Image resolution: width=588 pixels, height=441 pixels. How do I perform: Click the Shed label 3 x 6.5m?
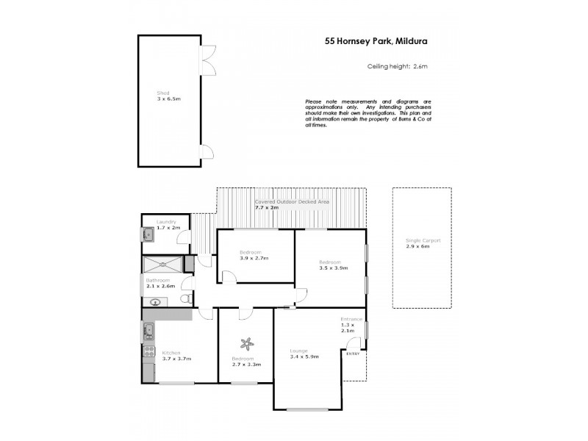(x=168, y=96)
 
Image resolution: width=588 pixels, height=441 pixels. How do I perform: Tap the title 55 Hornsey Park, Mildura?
(x=376, y=42)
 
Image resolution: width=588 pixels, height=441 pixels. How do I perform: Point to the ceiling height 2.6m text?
(x=397, y=66)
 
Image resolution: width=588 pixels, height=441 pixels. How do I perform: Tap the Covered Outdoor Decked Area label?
(x=292, y=204)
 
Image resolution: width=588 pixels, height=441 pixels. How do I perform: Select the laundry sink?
(x=148, y=235)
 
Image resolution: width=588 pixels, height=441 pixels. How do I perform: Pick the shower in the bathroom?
(x=163, y=265)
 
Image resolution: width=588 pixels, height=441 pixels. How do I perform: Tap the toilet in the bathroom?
(x=184, y=300)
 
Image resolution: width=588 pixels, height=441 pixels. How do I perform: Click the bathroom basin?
(x=155, y=301)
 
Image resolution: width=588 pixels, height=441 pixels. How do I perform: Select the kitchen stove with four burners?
(x=148, y=351)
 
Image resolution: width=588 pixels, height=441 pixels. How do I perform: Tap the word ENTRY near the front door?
(x=353, y=354)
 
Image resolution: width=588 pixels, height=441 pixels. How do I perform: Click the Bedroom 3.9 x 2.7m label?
(x=254, y=255)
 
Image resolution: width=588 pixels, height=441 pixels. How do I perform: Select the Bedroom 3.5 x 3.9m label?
(x=329, y=265)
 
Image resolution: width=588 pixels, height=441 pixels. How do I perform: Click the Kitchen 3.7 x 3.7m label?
(x=176, y=356)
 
